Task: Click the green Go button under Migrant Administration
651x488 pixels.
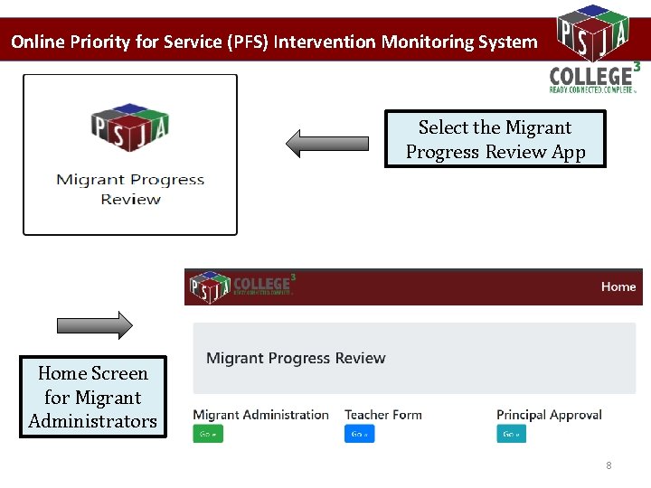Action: coord(208,434)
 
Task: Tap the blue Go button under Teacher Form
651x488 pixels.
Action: coord(359,434)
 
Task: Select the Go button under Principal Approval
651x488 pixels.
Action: coord(511,434)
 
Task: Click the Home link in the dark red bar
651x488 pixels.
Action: coord(618,286)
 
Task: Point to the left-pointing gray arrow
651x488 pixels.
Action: coord(326,143)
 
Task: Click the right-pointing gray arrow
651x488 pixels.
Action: coord(94,325)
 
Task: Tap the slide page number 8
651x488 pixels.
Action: coord(609,465)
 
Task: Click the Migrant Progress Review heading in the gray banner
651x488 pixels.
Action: coord(296,359)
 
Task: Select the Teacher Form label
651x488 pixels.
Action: coord(382,415)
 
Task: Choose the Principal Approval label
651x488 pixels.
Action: coord(549,415)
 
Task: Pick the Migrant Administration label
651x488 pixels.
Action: coord(260,415)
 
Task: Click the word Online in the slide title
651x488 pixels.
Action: coord(37,42)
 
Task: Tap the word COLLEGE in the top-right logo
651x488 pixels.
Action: coord(590,76)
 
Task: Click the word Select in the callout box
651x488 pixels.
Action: coord(443,127)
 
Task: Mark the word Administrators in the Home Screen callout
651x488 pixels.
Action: coord(92,421)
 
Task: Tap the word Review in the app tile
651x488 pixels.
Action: coord(130,199)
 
